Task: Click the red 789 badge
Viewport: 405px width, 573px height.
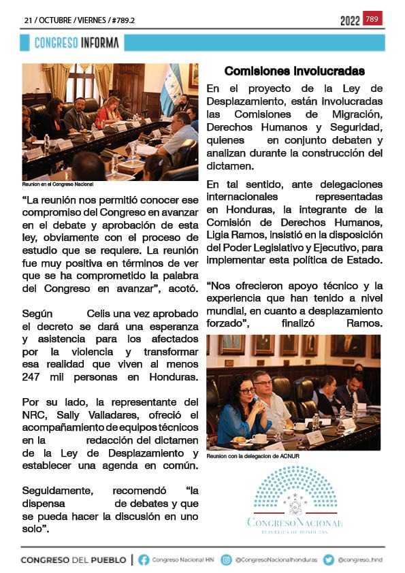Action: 372,18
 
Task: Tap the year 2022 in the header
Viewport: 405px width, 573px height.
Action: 350,20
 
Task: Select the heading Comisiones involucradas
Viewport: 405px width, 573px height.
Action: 294,71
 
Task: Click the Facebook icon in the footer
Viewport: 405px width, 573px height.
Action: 144,560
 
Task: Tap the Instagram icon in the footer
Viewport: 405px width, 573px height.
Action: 227,560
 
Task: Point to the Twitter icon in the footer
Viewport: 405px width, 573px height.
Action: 328,560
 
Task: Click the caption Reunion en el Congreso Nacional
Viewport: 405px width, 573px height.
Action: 57,184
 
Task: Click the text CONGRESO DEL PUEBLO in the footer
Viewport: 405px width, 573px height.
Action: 74,560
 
